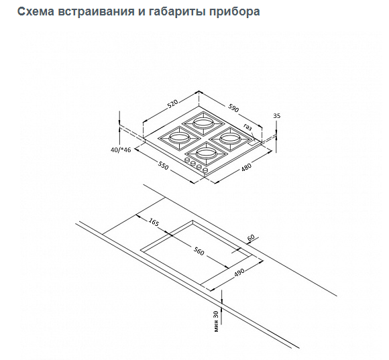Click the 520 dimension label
point(172,104)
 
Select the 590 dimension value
point(233,108)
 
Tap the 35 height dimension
point(277,116)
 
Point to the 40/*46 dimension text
point(121,149)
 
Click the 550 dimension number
point(163,166)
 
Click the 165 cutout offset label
point(154,222)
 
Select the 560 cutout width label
point(199,251)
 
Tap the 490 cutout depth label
point(239,272)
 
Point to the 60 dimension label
point(251,237)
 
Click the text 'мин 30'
point(216,321)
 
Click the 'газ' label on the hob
point(247,127)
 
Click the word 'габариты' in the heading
point(176,12)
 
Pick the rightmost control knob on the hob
point(205,170)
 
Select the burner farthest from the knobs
point(203,123)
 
